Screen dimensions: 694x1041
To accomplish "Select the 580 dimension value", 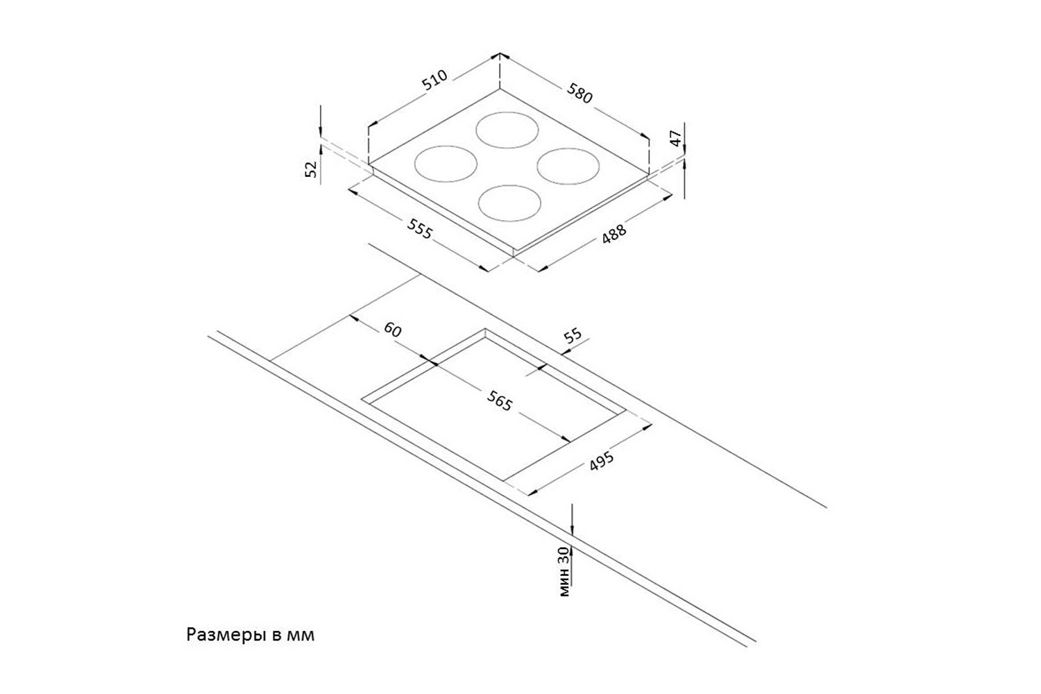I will coord(579,93).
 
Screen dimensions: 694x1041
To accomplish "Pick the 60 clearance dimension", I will coord(392,330).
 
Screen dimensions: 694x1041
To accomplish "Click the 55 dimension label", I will coord(573,337).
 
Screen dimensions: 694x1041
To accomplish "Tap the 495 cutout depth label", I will coord(602,462).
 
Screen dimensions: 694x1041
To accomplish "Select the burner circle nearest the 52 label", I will coord(446,164).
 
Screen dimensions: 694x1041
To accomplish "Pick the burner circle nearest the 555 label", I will coord(509,202).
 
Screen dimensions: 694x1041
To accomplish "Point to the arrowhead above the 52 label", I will coord(321,132).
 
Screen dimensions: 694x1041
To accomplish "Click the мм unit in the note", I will coord(300,635).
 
